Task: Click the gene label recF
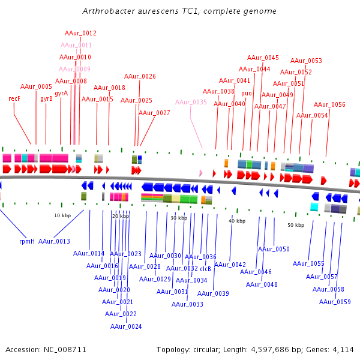[x=14, y=98]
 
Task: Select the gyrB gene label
[x=47, y=98]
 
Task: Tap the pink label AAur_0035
[x=191, y=103]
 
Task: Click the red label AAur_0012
[x=80, y=34]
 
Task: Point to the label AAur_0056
[x=329, y=104]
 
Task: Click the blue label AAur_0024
[x=126, y=326]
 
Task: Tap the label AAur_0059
[x=335, y=302]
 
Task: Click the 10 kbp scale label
[x=62, y=215]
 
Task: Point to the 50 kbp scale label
[x=296, y=225]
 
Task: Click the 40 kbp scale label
[x=237, y=221]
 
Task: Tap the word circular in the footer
[x=205, y=349]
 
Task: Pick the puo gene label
[x=247, y=93]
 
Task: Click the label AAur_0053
[x=306, y=61]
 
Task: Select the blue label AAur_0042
[x=230, y=265]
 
